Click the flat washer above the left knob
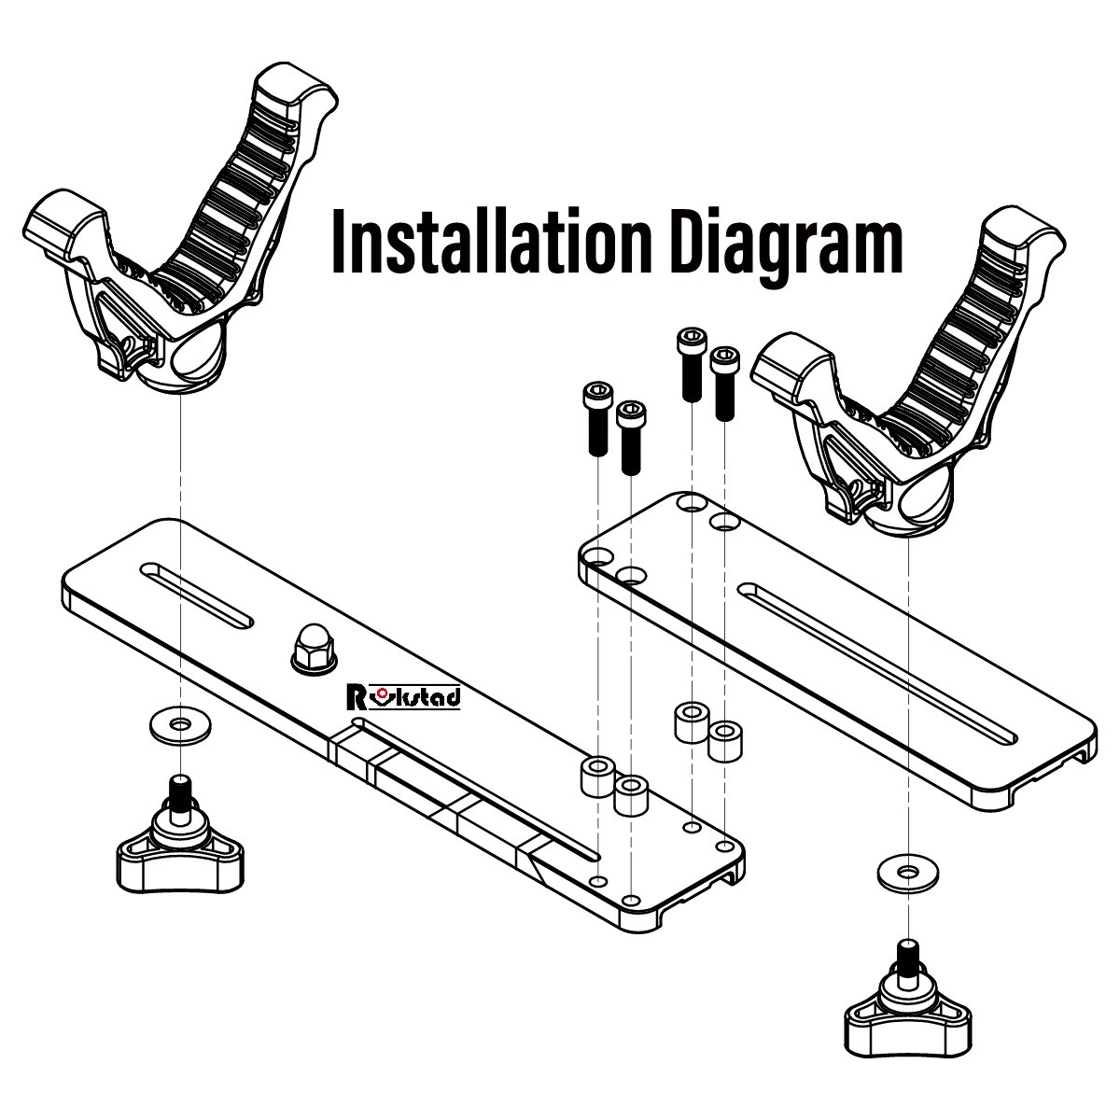click(179, 723)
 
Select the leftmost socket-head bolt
click(595, 420)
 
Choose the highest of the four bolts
click(691, 364)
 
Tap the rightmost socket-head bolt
click(724, 383)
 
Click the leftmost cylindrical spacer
click(597, 777)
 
